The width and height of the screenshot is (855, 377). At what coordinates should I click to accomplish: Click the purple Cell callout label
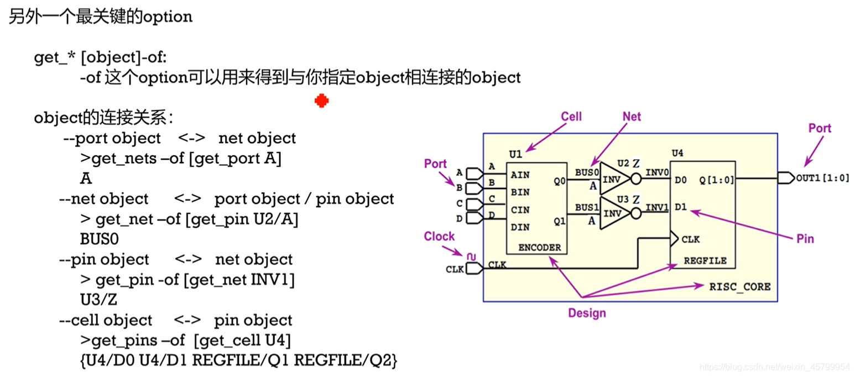click(571, 117)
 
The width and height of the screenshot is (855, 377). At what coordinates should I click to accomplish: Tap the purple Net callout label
click(632, 117)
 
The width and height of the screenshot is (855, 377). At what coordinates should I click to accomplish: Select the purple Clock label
click(439, 237)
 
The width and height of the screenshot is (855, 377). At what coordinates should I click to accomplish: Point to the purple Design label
click(587, 313)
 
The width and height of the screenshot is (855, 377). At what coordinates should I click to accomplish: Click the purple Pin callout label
click(805, 239)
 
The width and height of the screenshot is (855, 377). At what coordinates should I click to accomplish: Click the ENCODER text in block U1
click(539, 248)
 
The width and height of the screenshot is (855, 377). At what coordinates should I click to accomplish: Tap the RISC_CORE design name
click(740, 286)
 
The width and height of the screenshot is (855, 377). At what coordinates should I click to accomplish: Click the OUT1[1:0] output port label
click(822, 178)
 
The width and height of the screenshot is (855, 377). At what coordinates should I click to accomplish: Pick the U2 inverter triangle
click(614, 179)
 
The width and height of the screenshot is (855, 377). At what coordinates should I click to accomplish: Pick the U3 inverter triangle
click(614, 213)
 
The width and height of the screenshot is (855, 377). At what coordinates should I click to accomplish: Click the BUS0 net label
click(587, 172)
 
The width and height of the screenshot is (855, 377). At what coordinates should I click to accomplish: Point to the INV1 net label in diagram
click(657, 208)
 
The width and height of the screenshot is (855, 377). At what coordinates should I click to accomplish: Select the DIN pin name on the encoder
click(520, 227)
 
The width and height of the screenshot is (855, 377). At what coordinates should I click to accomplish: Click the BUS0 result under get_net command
click(100, 239)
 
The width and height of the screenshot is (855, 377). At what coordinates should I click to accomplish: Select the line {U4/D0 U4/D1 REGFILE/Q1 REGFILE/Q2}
click(238, 360)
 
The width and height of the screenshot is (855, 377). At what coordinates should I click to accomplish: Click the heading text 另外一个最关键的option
click(101, 17)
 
